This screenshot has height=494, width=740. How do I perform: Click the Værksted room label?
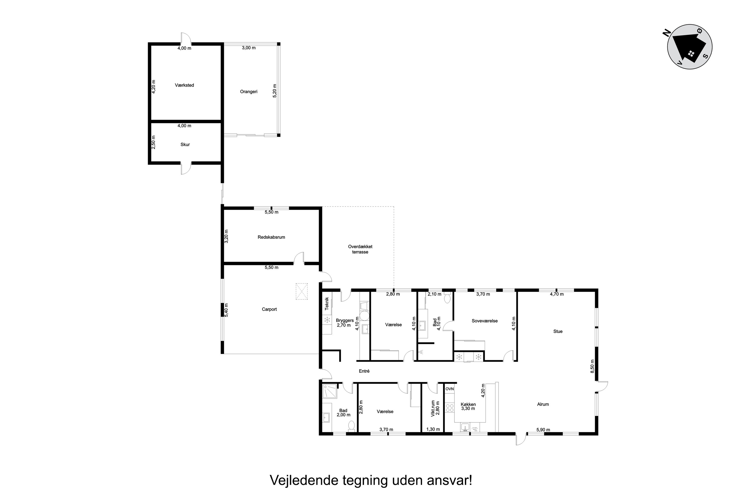click(x=184, y=85)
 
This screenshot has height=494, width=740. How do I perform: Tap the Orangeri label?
click(x=249, y=92)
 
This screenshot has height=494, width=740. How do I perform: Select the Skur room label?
click(x=185, y=144)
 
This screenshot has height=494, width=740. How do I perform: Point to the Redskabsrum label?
click(x=271, y=237)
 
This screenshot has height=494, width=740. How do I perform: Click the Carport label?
click(x=269, y=309)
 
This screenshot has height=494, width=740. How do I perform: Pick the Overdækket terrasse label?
click(x=360, y=249)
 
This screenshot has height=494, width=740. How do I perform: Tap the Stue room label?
click(x=558, y=331)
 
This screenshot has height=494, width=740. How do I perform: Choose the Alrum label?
click(x=543, y=404)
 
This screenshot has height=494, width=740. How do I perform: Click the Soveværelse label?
click(x=484, y=321)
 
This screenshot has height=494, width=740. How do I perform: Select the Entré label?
click(x=364, y=371)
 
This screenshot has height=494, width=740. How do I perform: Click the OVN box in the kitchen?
click(x=450, y=389)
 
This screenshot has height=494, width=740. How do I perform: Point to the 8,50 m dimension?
click(x=592, y=366)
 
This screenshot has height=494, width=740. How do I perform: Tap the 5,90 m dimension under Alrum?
click(x=543, y=430)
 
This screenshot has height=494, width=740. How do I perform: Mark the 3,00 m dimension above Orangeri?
click(x=249, y=48)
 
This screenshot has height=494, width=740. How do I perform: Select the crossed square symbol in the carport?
click(x=302, y=291)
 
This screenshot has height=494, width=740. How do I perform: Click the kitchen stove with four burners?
click(x=450, y=408)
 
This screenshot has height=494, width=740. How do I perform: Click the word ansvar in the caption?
click(x=450, y=480)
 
